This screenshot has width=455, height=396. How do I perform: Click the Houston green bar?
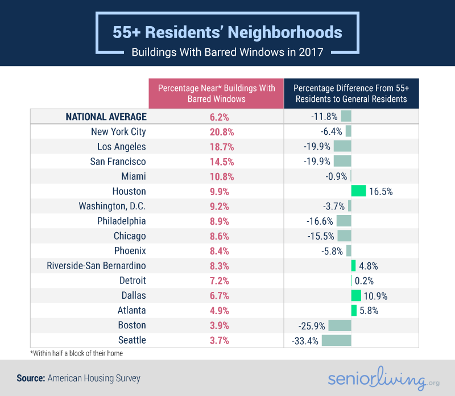[358, 191]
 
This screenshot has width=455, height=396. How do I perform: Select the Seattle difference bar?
[336, 340]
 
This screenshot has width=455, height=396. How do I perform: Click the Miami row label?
[134, 176]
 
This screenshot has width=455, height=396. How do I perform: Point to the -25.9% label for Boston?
[312, 325]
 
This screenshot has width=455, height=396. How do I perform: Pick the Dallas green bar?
[356, 295]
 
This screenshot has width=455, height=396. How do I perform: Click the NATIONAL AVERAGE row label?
[106, 117]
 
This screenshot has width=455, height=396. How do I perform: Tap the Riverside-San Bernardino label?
[96, 266]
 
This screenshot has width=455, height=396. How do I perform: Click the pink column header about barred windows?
[216, 93]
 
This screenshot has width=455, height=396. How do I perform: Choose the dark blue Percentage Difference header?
[351, 93]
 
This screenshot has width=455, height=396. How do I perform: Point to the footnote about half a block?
[76, 353]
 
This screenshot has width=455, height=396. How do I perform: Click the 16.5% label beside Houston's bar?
[380, 191]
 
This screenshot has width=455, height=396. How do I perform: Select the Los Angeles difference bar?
[342, 146]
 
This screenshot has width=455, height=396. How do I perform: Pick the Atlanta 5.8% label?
[369, 311]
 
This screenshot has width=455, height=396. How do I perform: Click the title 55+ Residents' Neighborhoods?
[227, 32]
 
